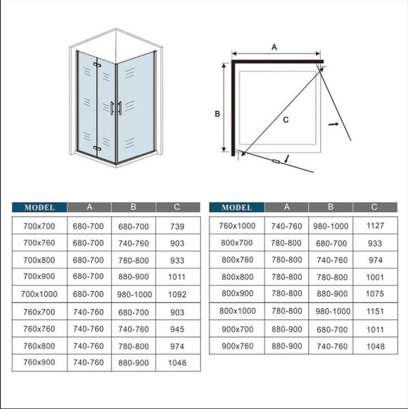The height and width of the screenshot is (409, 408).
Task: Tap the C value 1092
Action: [x=177, y=294]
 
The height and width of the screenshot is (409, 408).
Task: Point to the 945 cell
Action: [x=177, y=329]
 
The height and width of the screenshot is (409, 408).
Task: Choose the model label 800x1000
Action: [x=238, y=311]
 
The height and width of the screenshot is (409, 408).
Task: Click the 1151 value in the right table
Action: [x=376, y=311]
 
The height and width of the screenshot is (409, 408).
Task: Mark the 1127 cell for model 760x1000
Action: [x=376, y=226]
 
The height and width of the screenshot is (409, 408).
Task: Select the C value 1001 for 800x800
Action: [x=376, y=278]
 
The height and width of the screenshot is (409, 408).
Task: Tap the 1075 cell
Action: [x=376, y=294]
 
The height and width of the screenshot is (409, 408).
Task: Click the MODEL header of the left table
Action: [x=40, y=207]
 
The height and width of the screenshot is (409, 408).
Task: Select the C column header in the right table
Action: [x=374, y=207]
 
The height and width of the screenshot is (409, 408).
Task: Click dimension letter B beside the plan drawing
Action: [x=217, y=114]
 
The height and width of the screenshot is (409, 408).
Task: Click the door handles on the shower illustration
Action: [x=115, y=108]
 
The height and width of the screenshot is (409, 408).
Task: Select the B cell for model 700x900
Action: [x=134, y=277]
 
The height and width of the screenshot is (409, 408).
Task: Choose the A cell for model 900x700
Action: [x=287, y=329]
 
